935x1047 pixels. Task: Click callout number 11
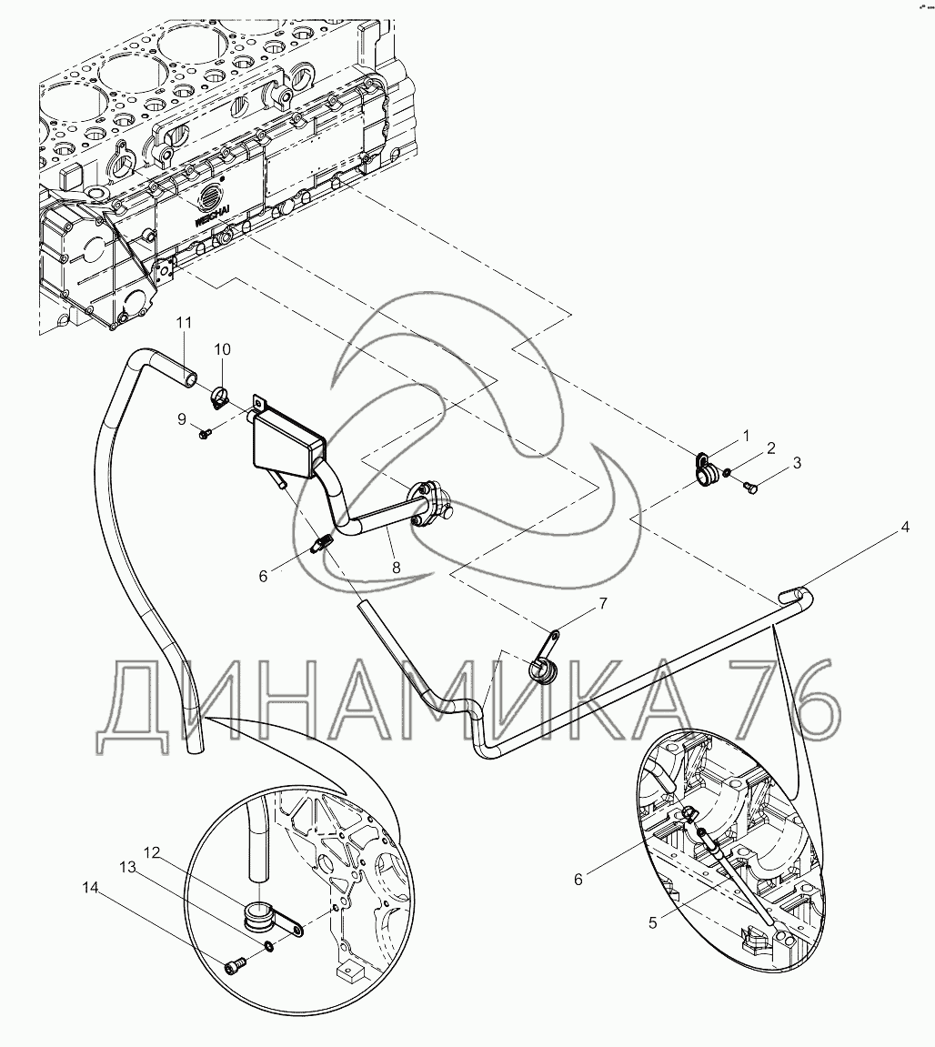point(185,322)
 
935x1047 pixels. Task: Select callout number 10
point(223,349)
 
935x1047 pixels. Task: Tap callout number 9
point(182,418)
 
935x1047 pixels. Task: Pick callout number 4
point(905,526)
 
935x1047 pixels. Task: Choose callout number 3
point(797,463)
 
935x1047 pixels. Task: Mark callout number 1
point(746,436)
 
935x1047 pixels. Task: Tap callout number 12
point(151,852)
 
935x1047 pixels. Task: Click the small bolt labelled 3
point(750,490)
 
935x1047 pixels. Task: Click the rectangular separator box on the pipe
point(286,443)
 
